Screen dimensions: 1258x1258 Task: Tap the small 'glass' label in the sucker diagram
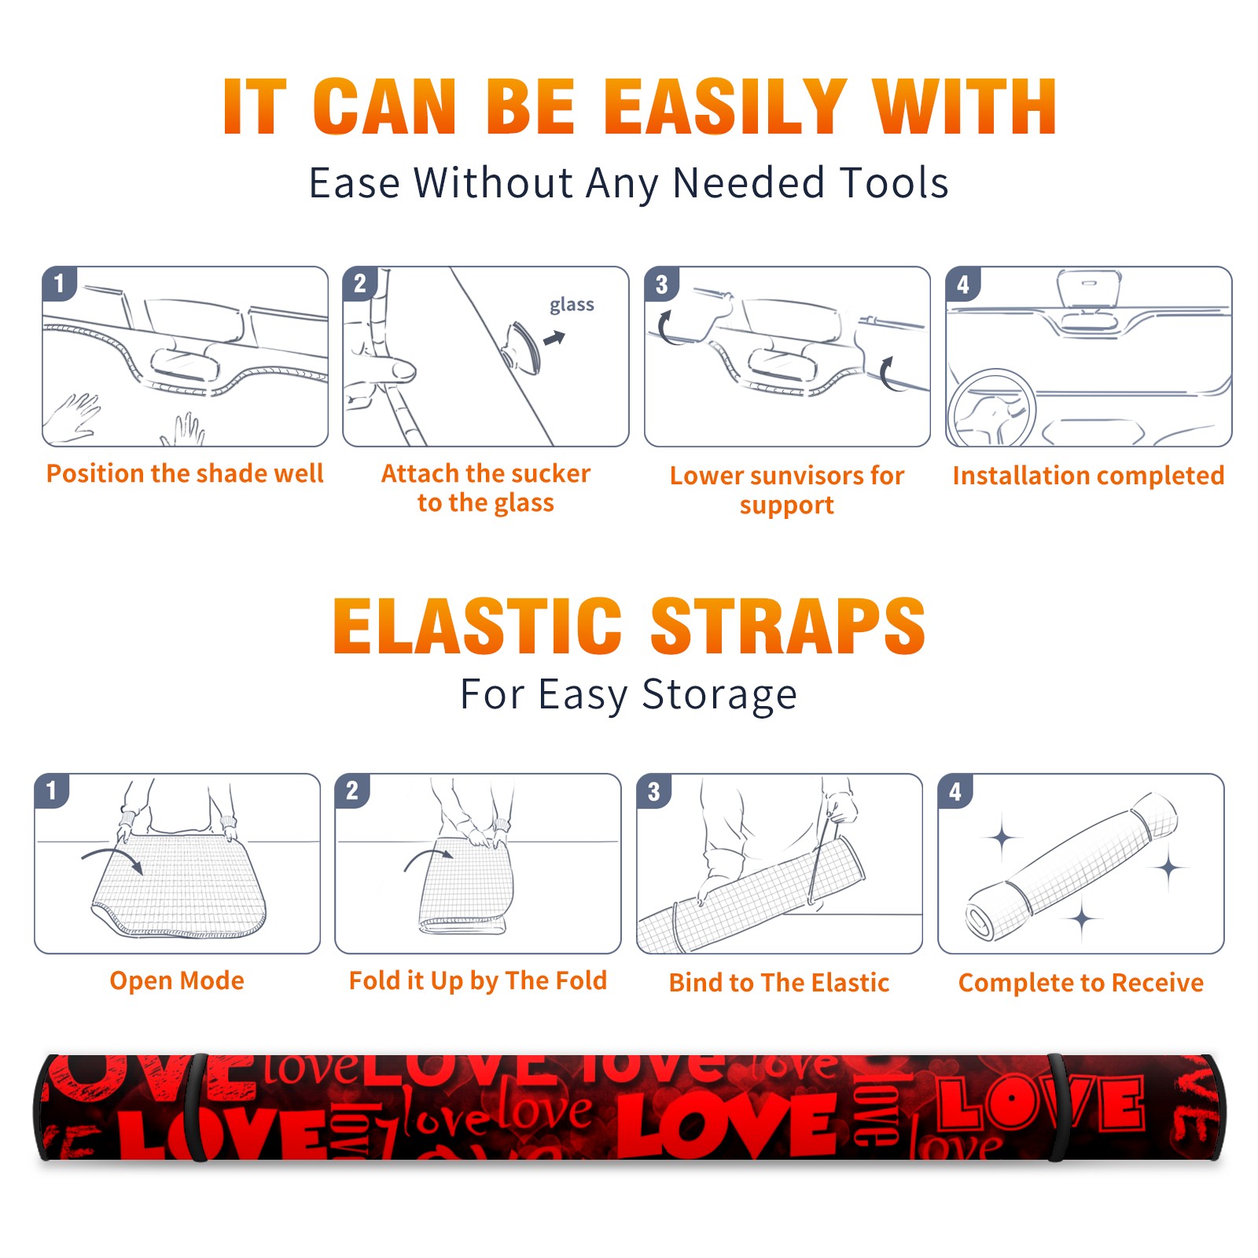572,305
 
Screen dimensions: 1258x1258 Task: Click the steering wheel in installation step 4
991,409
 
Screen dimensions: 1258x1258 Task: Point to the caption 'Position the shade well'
185,473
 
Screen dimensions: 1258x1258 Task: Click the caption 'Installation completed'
1088,475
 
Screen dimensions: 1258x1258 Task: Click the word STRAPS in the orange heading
788,626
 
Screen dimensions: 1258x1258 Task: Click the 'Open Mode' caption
177,980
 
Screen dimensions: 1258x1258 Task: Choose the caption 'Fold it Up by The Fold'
478,980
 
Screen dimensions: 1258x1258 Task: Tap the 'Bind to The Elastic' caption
779,983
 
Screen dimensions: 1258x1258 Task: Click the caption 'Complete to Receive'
1081,983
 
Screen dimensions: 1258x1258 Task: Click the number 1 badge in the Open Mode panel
52,790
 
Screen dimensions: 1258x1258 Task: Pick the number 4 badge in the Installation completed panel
963,284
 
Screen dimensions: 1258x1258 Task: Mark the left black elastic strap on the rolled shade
198,1107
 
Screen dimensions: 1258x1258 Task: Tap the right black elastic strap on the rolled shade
1058,1107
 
